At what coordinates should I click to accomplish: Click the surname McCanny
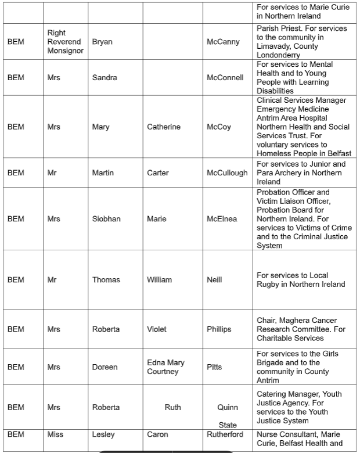(x=223, y=42)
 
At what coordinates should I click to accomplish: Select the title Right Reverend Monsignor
(x=65, y=42)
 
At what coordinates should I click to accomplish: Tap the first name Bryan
(x=102, y=42)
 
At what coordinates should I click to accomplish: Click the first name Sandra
(x=105, y=77)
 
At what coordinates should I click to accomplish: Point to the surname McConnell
(x=225, y=77)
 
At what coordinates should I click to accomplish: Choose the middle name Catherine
(x=164, y=127)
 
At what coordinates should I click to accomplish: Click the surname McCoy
(x=219, y=127)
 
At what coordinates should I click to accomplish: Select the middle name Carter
(x=158, y=172)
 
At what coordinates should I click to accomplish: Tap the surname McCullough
(x=227, y=172)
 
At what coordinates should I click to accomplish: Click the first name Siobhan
(x=106, y=219)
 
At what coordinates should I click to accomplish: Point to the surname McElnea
(x=222, y=219)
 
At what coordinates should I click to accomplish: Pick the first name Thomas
(x=106, y=279)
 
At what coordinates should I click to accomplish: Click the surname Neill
(x=214, y=279)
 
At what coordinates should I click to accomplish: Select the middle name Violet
(x=157, y=329)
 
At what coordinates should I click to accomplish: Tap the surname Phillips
(x=219, y=329)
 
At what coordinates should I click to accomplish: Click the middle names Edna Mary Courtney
(x=165, y=367)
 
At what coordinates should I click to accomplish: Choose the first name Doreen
(x=105, y=367)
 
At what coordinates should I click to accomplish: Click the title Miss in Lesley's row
(x=55, y=434)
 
